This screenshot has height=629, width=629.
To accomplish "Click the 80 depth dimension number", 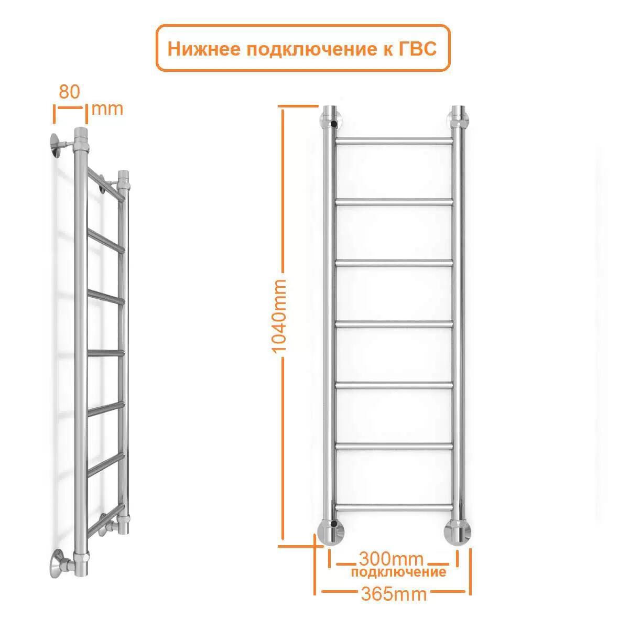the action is click(x=69, y=92).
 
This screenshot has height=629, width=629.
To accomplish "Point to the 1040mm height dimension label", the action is click(x=279, y=316).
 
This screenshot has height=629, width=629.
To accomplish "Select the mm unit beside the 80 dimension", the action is click(x=107, y=110).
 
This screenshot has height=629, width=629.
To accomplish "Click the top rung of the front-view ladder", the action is click(x=394, y=142).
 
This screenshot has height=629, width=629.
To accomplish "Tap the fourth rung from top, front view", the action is click(x=394, y=324).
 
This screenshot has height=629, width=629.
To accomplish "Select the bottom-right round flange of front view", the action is click(x=458, y=532).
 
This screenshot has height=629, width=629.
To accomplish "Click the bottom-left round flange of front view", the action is click(x=331, y=532).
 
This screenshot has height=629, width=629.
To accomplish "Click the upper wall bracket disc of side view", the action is click(x=56, y=146).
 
